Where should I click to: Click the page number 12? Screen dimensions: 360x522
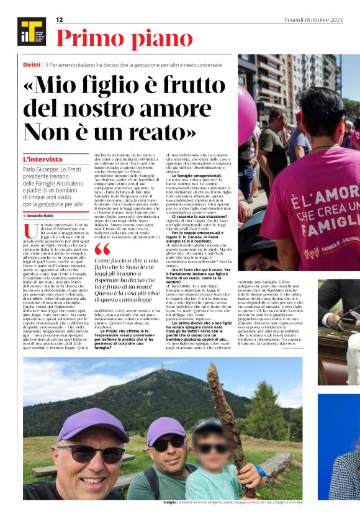coord(60,20)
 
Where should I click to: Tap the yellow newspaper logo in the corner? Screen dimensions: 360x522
coord(31,32)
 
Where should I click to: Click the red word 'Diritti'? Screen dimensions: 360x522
coord(32,64)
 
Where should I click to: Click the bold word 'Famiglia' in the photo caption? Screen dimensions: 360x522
coord(169,502)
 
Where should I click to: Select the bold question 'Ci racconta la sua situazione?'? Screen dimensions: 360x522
coord(203,215)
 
